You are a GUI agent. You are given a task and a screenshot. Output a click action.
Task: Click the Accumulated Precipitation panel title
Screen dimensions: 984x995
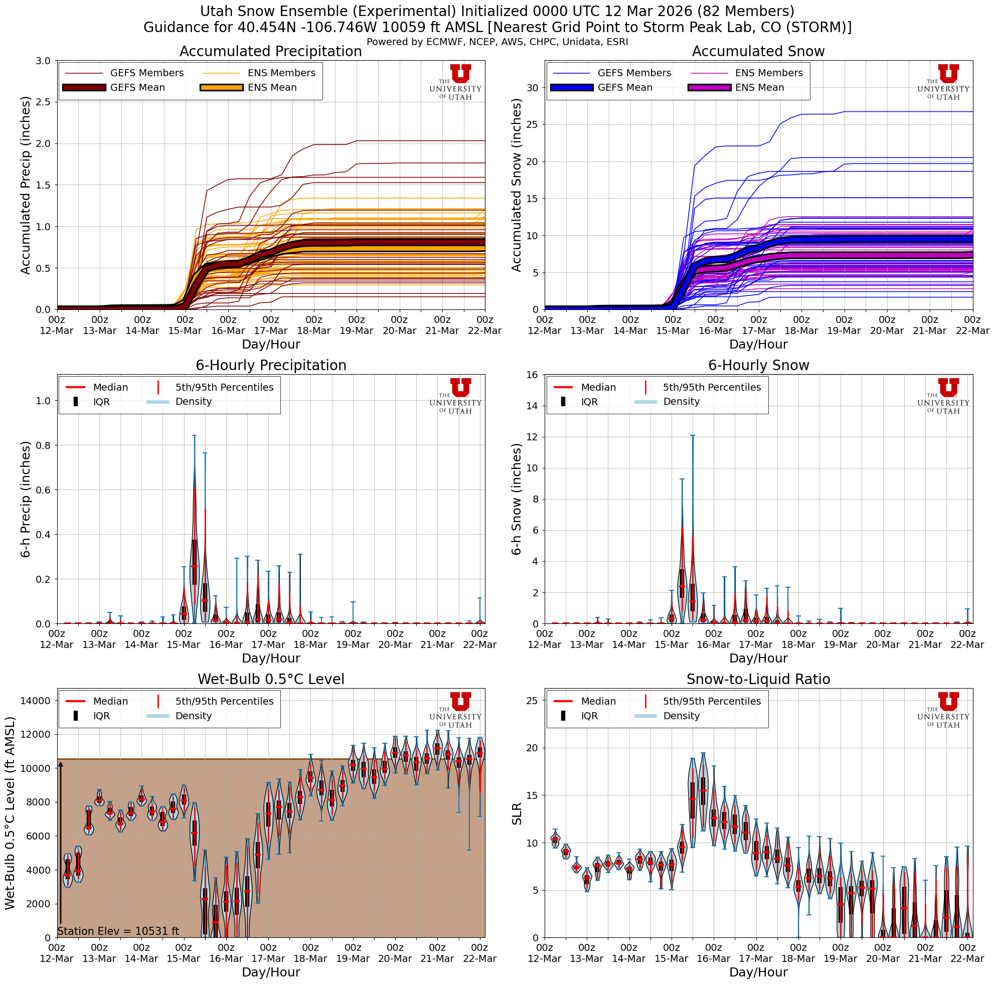[x=270, y=52]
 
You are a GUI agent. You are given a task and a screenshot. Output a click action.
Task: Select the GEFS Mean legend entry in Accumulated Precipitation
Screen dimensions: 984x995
[x=114, y=88]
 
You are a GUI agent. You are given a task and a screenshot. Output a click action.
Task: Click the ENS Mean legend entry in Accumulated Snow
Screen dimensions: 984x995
[x=736, y=88]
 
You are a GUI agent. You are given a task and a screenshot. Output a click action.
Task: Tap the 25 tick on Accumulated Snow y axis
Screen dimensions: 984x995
[x=533, y=124]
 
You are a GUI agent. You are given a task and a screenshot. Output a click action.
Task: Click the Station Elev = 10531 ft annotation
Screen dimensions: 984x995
[x=118, y=931]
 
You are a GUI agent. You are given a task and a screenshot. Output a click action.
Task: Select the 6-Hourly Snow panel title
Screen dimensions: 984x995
[x=758, y=366]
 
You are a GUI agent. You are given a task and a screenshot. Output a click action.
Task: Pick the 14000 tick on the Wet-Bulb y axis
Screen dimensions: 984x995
[x=35, y=701]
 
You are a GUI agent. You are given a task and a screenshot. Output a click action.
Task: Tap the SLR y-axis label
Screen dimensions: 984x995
[x=517, y=813]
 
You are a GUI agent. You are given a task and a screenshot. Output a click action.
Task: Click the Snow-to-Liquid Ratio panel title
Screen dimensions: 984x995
[x=758, y=680]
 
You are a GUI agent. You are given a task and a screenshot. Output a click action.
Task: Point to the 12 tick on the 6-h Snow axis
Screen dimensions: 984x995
[x=534, y=437]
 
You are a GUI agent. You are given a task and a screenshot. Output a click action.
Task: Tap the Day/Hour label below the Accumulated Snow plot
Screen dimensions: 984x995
[x=758, y=345]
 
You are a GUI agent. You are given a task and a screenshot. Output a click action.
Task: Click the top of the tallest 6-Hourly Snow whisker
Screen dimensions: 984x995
[x=692, y=436]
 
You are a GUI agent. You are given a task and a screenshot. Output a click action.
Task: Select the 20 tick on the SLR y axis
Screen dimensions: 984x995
[x=533, y=748]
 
